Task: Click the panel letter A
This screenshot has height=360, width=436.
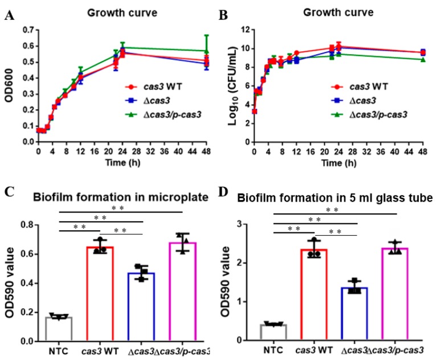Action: coord(10,15)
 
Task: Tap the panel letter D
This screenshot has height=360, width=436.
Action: coord(223,192)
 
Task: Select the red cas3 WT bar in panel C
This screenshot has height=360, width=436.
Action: coord(100,293)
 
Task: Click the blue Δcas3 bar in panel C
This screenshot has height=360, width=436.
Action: coord(141,306)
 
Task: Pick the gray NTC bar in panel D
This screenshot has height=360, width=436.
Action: coord(274,332)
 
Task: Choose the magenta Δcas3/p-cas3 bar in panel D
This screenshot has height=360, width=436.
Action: coord(395,294)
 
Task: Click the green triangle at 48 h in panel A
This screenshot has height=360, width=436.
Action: coord(206,51)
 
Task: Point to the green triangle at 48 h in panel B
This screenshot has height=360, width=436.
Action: coord(423,60)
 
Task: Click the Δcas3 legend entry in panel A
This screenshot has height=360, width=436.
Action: coord(148,100)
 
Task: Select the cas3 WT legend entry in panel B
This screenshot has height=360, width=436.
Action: coord(359,87)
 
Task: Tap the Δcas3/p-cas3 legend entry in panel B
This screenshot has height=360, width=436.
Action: coord(369,114)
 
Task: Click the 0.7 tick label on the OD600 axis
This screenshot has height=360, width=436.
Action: coord(28,30)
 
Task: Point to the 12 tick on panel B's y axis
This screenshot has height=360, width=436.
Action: coord(244,30)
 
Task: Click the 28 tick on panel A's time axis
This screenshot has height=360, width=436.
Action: coord(137,151)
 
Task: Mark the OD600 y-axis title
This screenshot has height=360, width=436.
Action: coord(9,85)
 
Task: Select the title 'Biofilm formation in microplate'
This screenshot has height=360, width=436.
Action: coord(121,197)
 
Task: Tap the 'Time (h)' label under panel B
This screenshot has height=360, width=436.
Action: coord(339,162)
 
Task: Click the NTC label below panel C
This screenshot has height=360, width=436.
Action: coord(58,351)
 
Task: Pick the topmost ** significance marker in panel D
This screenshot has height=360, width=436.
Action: coord(332,210)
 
